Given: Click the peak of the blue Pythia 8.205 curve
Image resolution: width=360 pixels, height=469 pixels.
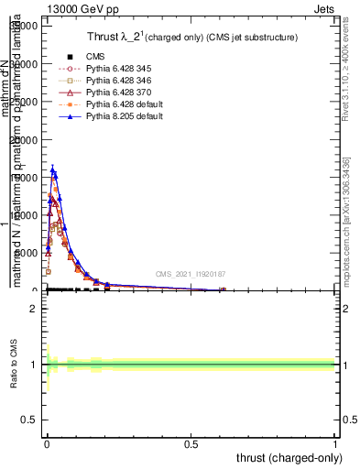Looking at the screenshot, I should click(53, 169).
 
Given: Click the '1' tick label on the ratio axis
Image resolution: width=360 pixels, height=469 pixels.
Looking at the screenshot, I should click(33, 365).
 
